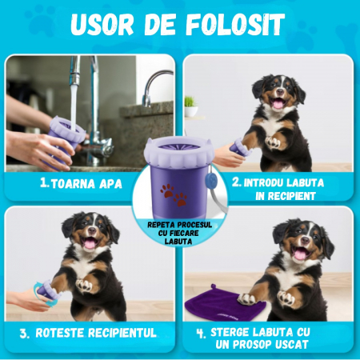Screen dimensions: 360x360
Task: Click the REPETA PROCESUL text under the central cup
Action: tap(180, 226)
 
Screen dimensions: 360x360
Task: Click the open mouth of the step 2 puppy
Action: tap(278, 102)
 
